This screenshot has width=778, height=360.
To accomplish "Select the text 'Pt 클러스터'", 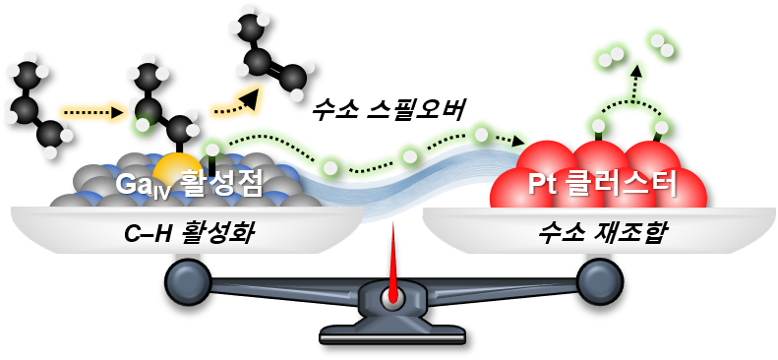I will pyautogui.click(x=600, y=183).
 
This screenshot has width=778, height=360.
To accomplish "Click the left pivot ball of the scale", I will pyautogui.click(x=188, y=281).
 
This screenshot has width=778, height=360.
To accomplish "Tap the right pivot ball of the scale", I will pyautogui.click(x=599, y=281).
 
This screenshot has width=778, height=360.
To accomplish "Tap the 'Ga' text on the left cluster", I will pyautogui.click(x=134, y=183).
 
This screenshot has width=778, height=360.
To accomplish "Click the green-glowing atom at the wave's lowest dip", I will pyautogui.click(x=331, y=166).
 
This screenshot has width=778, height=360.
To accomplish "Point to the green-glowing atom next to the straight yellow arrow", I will pyautogui.click(x=143, y=124).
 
